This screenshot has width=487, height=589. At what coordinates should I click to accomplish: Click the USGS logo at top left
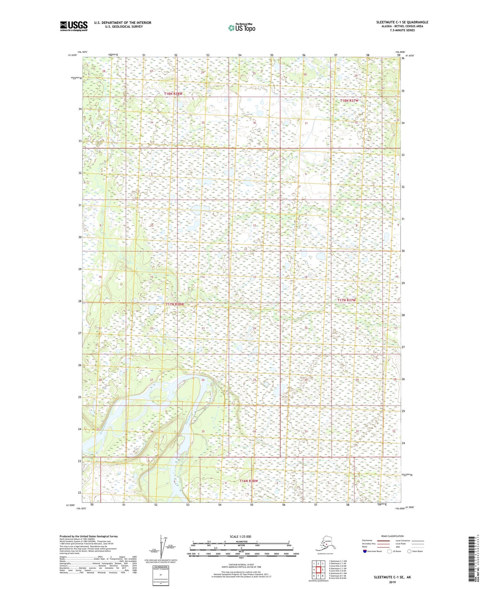[73, 26]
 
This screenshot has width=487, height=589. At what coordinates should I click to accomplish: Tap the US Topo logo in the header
[241, 28]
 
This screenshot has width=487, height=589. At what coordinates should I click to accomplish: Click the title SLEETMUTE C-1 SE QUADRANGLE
[402, 22]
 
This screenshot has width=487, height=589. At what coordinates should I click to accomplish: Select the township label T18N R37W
[349, 101]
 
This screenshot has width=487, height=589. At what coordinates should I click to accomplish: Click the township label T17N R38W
[175, 304]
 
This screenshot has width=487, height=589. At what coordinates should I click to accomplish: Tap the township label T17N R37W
[346, 300]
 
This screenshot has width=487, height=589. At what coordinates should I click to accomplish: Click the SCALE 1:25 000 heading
[240, 537]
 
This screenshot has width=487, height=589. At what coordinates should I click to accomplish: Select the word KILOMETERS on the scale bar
[241, 541]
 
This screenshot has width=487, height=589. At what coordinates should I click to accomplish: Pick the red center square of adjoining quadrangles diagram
[318, 570]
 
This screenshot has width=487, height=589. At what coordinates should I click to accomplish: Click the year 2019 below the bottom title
[392, 582]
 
